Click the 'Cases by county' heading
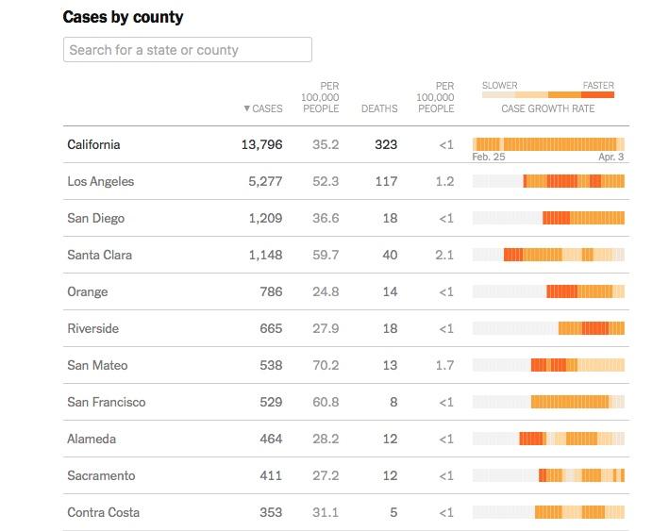pyautogui.click(x=123, y=17)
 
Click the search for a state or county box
pyautogui.click(x=187, y=50)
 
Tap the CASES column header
pyautogui.click(x=263, y=108)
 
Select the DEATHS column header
pyautogui.click(x=379, y=108)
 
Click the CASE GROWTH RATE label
pyautogui.click(x=547, y=108)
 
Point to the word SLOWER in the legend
pyautogui.click(x=499, y=86)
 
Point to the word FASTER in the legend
pyautogui.click(x=598, y=86)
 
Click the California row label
pyautogui.click(x=93, y=144)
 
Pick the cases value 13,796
pyautogui.click(x=261, y=144)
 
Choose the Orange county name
pyautogui.click(x=88, y=291)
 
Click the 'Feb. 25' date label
pyautogui.click(x=489, y=158)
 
